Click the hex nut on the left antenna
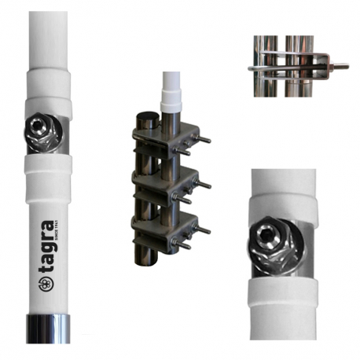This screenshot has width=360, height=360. click(40, 131)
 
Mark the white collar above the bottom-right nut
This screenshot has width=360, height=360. click(283, 200)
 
